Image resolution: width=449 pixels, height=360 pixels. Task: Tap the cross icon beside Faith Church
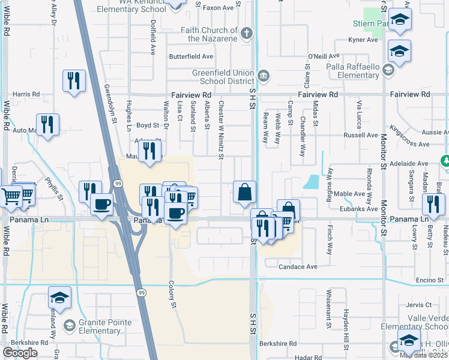click(247, 34)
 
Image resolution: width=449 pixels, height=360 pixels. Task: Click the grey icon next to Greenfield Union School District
click(263, 76)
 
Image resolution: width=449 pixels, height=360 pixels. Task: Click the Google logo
click(20, 352)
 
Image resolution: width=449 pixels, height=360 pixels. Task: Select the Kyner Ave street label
click(363, 40)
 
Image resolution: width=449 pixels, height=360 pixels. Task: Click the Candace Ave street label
click(298, 266)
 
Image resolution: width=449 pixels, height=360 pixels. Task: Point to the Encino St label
click(429, 280)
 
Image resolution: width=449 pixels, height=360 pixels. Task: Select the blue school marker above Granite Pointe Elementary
click(59, 298)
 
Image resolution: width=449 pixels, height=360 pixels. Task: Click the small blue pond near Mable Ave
click(311, 182)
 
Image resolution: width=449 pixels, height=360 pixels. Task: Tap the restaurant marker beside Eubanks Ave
click(433, 203)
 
